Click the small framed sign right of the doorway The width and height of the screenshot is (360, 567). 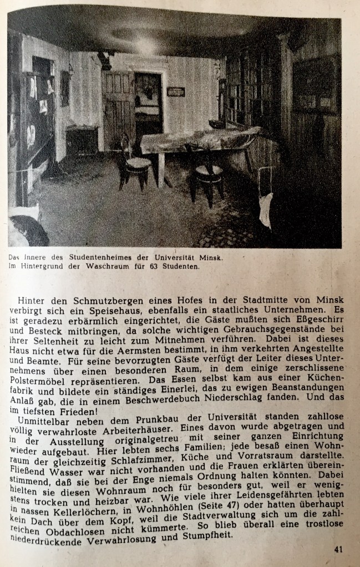click(175, 91)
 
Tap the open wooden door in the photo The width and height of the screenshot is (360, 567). click(119, 110)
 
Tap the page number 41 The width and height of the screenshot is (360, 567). click(339, 549)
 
